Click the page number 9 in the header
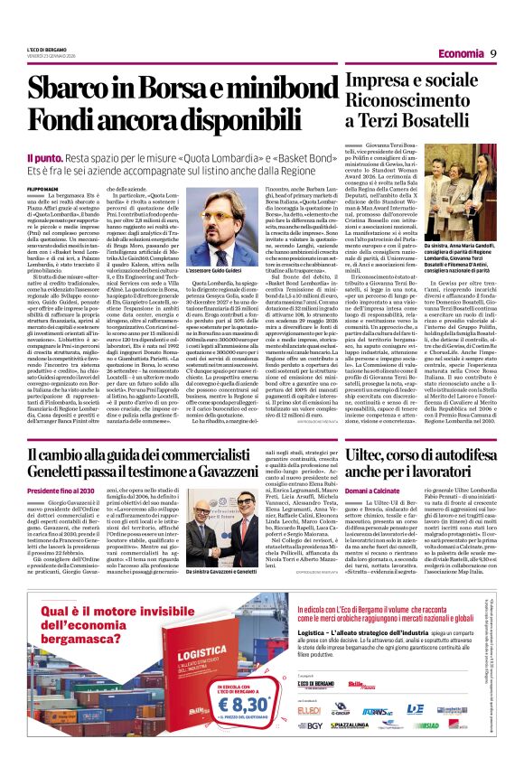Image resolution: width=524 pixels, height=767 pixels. [x=495, y=52]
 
